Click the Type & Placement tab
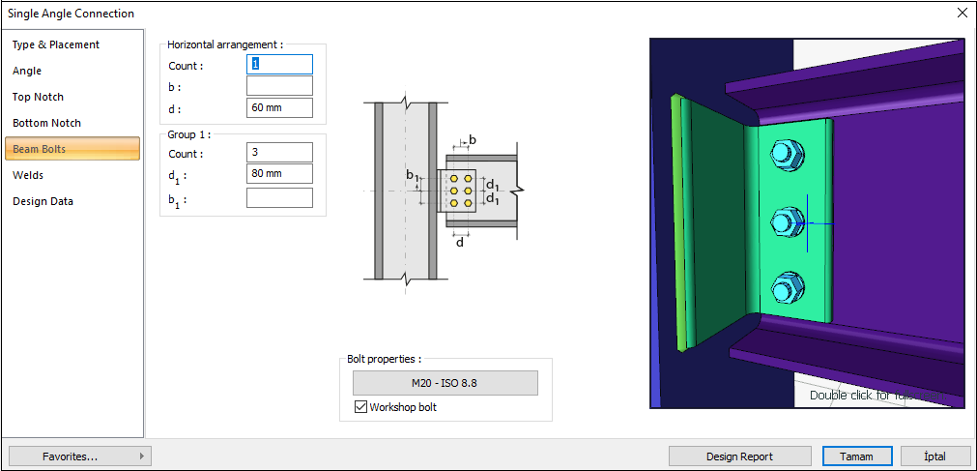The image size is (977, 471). coord(56,44)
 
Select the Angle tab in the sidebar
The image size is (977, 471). coord(27,71)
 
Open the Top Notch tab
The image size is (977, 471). coord(38,97)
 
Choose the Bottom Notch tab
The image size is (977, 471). coord(46,123)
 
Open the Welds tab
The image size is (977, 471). coord(28,175)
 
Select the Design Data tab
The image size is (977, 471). coord(43,201)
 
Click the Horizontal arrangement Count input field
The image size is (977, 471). coord(279,65)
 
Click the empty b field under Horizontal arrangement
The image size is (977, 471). coord(279,86)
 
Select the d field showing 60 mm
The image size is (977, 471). coord(279,107)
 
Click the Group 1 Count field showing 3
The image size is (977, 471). coord(279,153)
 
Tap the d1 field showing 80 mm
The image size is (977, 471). coord(279,174)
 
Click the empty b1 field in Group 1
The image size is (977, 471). coord(279,197)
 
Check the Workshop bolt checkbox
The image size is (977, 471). coord(360,407)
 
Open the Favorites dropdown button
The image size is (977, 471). coord(79,456)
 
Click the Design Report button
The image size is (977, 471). coord(740,456)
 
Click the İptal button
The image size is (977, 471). coord(934,456)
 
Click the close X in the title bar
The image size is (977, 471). coord(962,14)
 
